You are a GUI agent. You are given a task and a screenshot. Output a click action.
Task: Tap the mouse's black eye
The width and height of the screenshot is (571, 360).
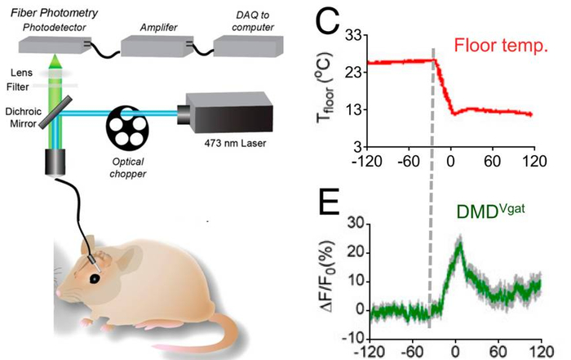tap(95, 278)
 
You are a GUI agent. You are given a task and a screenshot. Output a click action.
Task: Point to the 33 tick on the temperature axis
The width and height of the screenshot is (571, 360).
tap(353, 37)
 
